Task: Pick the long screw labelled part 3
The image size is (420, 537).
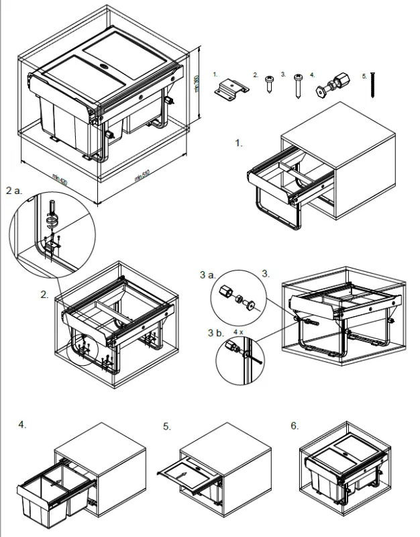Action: point(297,87)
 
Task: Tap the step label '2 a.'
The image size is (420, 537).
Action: point(14,191)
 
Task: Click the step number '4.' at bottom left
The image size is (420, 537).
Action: point(23,424)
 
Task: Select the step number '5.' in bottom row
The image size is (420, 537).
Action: point(167,426)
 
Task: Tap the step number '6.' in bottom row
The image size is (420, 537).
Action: point(295,426)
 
